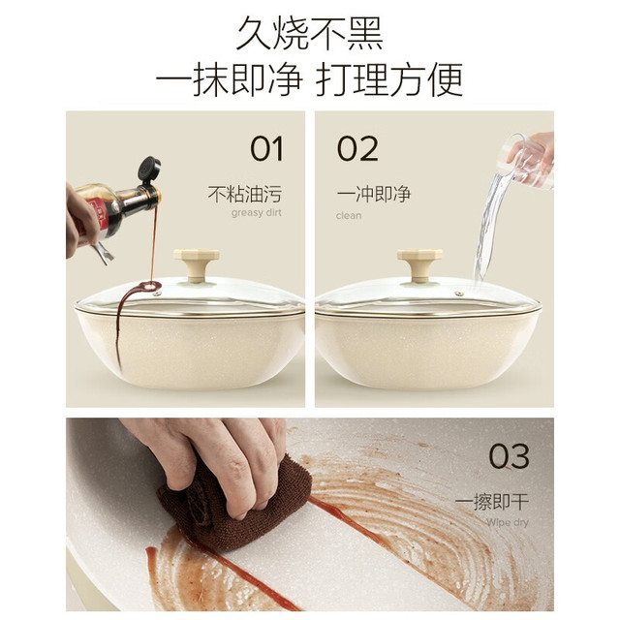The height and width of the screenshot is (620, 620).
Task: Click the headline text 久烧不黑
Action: pyautogui.click(x=310, y=33)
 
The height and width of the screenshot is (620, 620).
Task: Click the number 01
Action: pyautogui.click(x=267, y=148)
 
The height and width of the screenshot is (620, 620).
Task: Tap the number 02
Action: pyautogui.click(x=357, y=148)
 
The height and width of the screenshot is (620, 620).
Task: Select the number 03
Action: pyautogui.click(x=509, y=456)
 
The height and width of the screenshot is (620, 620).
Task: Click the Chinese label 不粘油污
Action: pyautogui.click(x=245, y=194)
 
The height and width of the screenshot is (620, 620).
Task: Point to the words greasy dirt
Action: pyautogui.click(x=256, y=213)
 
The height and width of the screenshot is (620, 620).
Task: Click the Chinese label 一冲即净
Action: pyautogui.click(x=374, y=194)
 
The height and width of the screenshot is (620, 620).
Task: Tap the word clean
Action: pyautogui.click(x=349, y=215)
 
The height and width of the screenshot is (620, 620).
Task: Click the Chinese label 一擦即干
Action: pyautogui.click(x=492, y=502)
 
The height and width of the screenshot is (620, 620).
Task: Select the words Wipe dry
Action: pyautogui.click(x=508, y=523)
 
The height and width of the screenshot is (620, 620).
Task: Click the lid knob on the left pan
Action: pyautogui.click(x=196, y=264)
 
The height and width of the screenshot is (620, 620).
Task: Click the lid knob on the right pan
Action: pyautogui.click(x=419, y=264)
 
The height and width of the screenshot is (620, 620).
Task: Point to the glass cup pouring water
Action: pyautogui.click(x=526, y=161)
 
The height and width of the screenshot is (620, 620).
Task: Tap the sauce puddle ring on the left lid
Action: pyautogui.click(x=151, y=286)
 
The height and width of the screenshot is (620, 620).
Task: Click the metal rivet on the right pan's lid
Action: pyautogui.click(x=459, y=294)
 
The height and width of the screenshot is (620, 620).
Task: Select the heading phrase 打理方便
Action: pyautogui.click(x=389, y=79)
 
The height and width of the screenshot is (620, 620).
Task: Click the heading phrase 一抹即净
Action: pyautogui.click(x=230, y=79)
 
